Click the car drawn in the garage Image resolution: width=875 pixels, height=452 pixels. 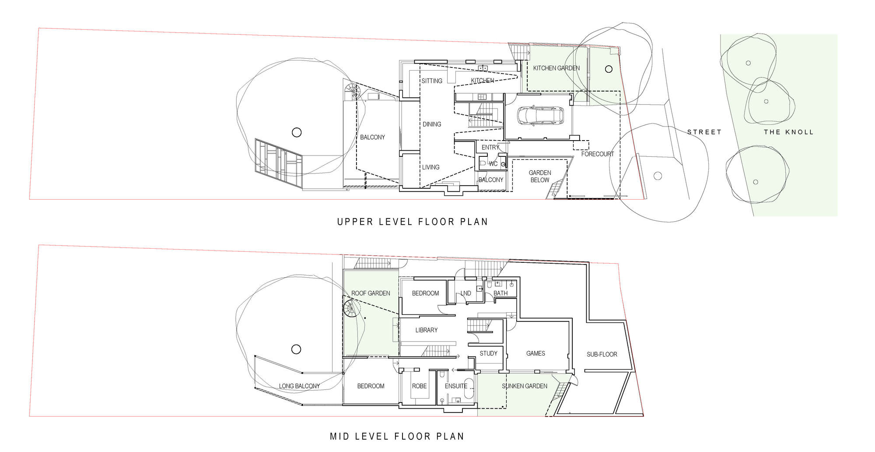click(x=540, y=116)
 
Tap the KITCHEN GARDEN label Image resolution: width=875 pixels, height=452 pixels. click(x=556, y=68)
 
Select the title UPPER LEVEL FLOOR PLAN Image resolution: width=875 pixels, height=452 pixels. click(x=412, y=222)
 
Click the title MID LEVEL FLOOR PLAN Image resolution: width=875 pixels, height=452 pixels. click(x=397, y=436)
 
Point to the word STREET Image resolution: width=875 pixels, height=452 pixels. click(x=704, y=132)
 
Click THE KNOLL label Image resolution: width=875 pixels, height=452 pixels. click(x=788, y=132)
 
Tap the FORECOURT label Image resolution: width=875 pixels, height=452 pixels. click(x=597, y=154)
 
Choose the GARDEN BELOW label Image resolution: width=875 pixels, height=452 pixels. click(x=540, y=176)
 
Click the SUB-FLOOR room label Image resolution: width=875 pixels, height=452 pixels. click(x=602, y=354)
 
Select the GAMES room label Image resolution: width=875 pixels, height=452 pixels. click(x=535, y=353)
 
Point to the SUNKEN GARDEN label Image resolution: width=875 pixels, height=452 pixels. click(x=524, y=386)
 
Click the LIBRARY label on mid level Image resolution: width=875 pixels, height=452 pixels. click(x=426, y=330)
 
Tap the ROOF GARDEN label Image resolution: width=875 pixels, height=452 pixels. click(x=371, y=293)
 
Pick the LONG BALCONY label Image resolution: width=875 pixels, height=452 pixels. click(x=299, y=386)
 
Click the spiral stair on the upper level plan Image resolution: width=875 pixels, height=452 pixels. click(x=352, y=92)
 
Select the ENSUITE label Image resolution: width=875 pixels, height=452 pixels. click(x=456, y=386)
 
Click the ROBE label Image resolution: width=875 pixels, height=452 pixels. click(x=419, y=386)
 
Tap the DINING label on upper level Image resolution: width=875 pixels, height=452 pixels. click(x=431, y=124)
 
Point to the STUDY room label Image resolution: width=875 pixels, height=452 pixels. click(x=488, y=353)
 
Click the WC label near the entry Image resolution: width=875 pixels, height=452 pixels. click(x=493, y=164)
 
